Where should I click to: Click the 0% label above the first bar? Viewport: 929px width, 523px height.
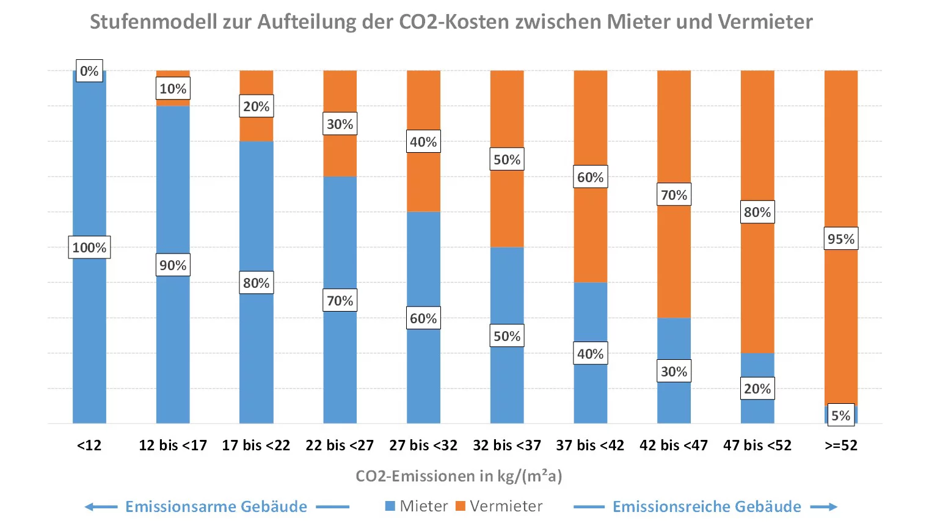[89, 71]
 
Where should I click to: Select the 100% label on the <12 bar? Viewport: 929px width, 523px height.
[89, 247]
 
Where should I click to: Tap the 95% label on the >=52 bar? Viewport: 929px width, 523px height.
[841, 239]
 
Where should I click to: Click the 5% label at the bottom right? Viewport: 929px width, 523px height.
[841, 415]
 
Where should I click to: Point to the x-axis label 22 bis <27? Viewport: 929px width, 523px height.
[340, 445]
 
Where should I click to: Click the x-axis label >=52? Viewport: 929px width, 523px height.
[841, 445]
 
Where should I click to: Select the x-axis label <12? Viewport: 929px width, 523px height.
[89, 445]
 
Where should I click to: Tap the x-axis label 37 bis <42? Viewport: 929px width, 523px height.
[590, 445]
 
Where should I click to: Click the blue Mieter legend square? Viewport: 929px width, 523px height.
[390, 506]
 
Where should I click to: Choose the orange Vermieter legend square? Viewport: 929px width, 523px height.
[461, 506]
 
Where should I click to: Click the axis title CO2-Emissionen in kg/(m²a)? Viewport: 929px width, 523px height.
[459, 476]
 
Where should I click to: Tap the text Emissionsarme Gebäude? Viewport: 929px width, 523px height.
[216, 507]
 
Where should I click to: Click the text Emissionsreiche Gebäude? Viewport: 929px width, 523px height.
[707, 507]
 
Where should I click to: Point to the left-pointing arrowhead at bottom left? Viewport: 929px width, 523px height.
[90, 507]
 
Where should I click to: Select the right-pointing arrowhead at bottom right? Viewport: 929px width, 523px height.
[832, 507]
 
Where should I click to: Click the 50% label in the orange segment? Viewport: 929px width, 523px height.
[507, 159]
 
